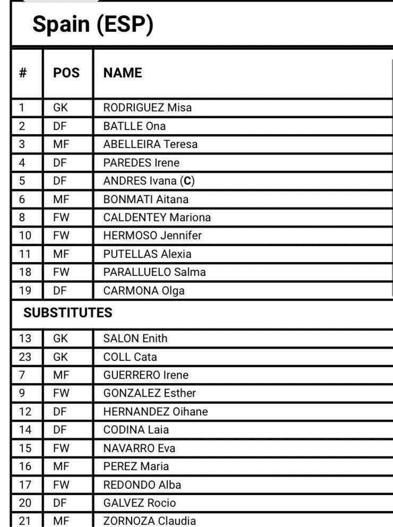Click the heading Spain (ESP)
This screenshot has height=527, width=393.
click(x=92, y=25)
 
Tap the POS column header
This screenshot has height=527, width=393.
click(x=66, y=73)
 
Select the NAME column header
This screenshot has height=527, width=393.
click(x=123, y=73)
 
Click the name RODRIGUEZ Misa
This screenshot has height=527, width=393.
click(x=147, y=108)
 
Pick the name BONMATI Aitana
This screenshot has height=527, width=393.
click(x=146, y=199)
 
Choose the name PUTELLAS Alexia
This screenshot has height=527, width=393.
click(x=147, y=254)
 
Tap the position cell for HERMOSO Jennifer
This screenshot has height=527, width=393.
click(x=61, y=236)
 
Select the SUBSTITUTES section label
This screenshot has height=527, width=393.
click(x=68, y=313)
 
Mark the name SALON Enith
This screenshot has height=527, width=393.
click(x=135, y=338)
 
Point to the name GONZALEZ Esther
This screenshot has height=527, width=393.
click(x=149, y=393)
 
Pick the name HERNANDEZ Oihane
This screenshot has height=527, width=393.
click(x=155, y=411)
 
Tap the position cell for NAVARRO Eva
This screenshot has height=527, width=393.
click(x=61, y=448)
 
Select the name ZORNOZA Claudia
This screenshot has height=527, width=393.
click(x=149, y=521)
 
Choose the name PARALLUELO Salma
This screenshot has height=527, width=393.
click(x=154, y=272)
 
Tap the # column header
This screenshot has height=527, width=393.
click(x=23, y=73)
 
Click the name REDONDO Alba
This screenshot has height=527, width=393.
click(x=142, y=485)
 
